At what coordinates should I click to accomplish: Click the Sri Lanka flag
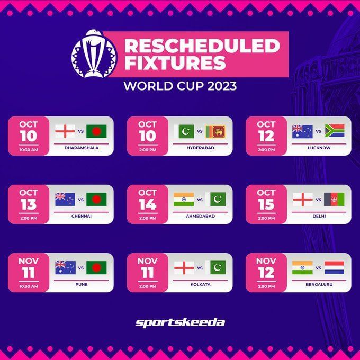215,131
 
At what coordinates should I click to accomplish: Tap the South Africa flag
334,131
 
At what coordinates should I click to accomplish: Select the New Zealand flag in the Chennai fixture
65,199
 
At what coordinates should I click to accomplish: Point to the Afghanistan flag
334,199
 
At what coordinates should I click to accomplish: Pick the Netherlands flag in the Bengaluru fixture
334,267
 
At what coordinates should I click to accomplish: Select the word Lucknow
319,148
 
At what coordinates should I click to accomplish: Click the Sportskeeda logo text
180,322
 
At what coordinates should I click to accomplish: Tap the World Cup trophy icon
93,53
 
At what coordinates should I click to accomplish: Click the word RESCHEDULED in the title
201,46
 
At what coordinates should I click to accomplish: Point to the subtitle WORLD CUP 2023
180,85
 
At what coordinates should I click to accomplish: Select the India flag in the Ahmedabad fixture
184,199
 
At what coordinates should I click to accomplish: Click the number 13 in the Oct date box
29,204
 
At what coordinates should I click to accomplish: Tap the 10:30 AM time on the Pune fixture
29,286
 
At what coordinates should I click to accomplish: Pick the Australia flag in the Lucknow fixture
302,131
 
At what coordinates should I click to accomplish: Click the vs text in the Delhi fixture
318,200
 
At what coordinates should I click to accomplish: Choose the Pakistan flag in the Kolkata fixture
215,267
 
